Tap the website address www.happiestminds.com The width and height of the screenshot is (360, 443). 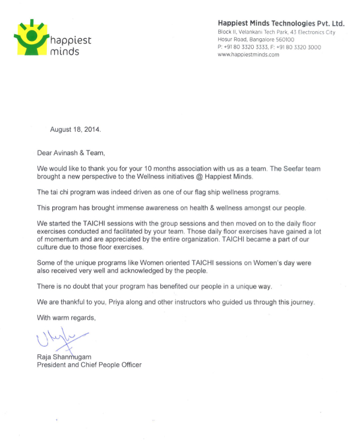click(248, 55)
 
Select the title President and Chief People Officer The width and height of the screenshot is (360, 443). click(89, 364)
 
